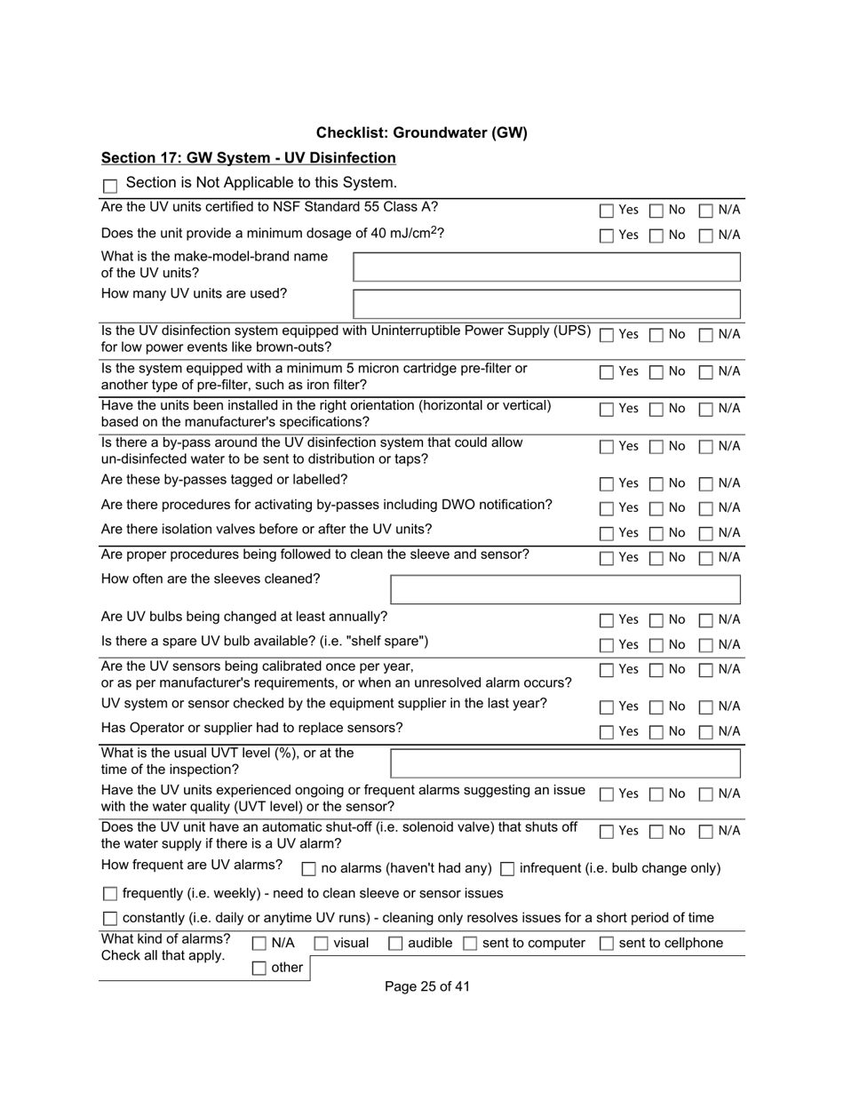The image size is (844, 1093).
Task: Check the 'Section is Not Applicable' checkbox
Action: pos(110,186)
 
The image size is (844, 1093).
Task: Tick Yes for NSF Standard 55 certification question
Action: pos(606,211)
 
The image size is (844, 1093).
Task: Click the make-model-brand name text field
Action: pos(546,267)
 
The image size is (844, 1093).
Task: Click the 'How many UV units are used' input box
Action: pos(546,304)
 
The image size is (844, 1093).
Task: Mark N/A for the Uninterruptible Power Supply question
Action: pos(706,336)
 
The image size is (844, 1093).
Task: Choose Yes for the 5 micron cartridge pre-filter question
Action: pos(606,373)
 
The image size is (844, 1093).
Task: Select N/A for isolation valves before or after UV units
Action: pos(706,534)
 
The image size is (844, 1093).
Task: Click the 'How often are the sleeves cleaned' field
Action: pos(565,589)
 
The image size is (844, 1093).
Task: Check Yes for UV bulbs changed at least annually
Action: pos(606,621)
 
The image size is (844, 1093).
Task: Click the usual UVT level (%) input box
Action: pos(565,763)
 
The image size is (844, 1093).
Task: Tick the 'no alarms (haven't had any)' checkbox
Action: pos(309,869)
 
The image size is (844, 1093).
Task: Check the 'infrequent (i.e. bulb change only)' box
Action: pos(508,869)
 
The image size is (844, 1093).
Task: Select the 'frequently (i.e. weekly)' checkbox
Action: pos(110,894)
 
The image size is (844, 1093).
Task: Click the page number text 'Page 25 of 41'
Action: pos(427,986)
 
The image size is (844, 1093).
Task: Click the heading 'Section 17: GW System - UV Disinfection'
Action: pos(249,158)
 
